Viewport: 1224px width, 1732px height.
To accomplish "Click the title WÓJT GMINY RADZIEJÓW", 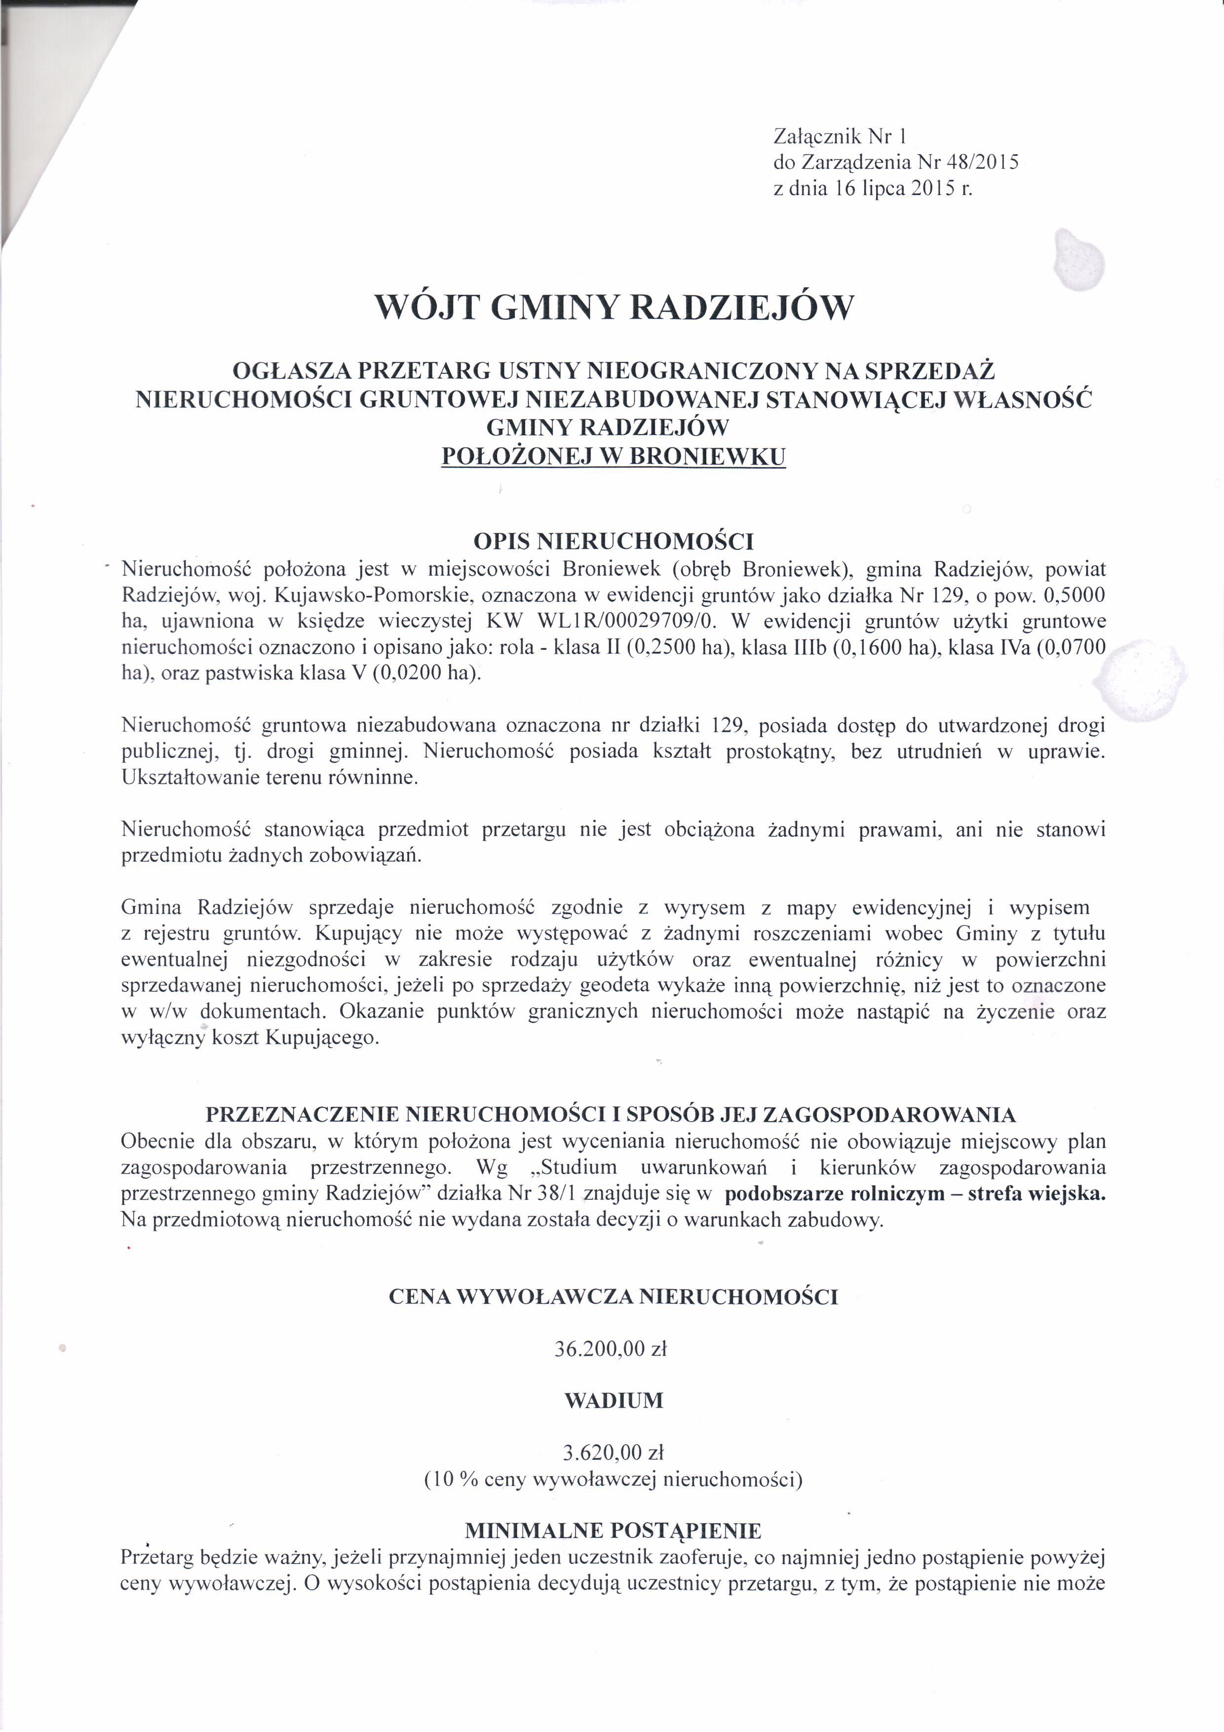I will (614, 307).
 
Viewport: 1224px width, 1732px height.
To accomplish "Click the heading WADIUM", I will (614, 1401).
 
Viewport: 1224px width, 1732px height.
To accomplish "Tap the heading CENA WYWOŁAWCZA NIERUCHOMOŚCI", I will (613, 1297).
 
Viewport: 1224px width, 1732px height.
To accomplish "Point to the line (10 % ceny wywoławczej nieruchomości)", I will (613, 1479).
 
